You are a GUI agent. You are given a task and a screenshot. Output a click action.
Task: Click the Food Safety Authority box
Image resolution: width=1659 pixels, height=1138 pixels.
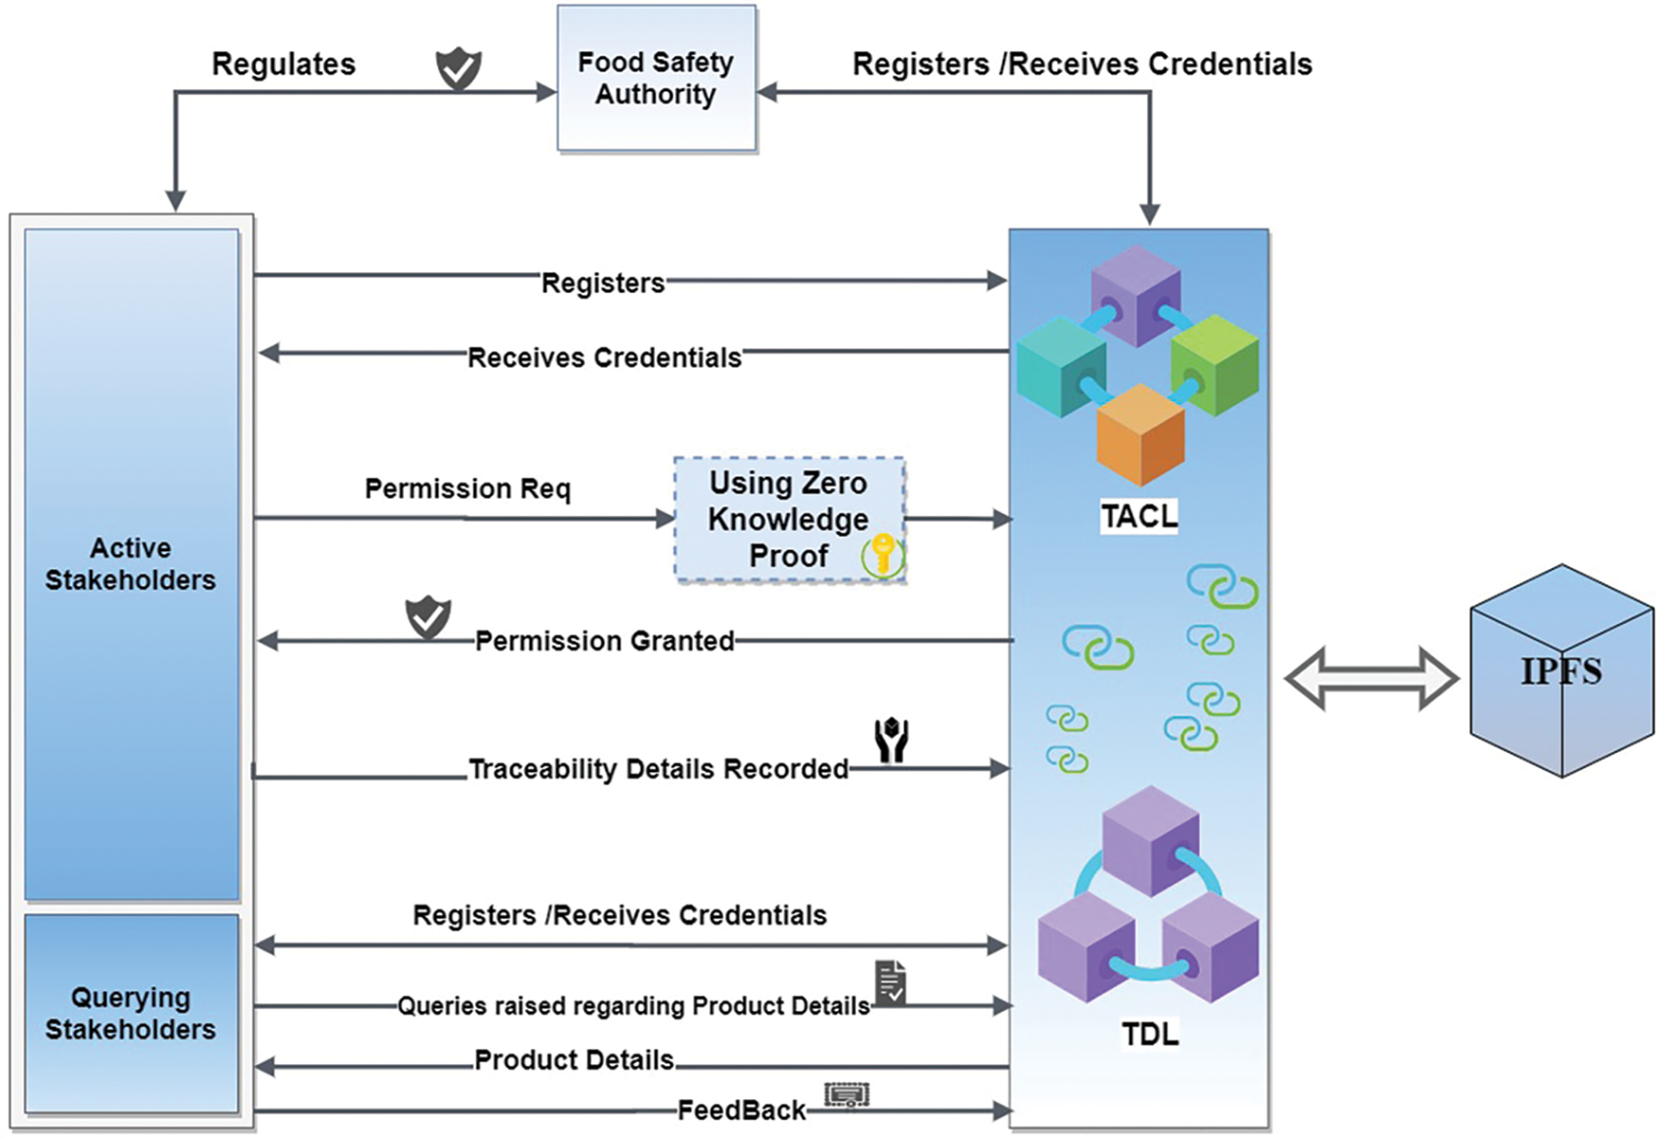click(656, 78)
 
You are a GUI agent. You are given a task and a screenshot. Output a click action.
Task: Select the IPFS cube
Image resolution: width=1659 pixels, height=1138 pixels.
click(1560, 671)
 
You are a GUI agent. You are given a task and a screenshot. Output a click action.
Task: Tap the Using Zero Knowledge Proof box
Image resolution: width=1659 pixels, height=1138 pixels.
click(789, 519)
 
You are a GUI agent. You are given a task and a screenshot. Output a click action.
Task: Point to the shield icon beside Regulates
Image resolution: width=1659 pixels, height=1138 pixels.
click(458, 69)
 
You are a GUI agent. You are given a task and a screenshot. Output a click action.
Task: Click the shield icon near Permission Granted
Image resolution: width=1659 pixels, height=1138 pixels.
click(428, 617)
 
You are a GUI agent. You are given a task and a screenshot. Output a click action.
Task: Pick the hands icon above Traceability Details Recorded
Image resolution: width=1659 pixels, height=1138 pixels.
click(891, 741)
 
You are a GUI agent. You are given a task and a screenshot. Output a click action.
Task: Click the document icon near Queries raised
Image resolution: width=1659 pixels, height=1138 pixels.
click(890, 982)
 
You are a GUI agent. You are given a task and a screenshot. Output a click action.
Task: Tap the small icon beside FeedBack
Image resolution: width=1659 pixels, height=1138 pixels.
click(847, 1095)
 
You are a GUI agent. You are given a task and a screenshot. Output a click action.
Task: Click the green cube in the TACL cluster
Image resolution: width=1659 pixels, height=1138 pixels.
click(1214, 366)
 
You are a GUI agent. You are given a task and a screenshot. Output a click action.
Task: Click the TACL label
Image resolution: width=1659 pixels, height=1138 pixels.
click(1139, 516)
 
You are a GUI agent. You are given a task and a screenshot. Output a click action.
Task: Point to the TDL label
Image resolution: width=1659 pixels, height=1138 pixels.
click(1149, 1033)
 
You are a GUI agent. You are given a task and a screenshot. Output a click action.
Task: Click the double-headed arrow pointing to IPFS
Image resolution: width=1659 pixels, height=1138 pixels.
click(1371, 678)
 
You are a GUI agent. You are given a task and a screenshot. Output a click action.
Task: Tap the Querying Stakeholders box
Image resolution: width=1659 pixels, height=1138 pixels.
click(131, 1013)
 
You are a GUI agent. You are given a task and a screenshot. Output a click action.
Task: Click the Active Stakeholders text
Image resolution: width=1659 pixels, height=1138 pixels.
click(131, 563)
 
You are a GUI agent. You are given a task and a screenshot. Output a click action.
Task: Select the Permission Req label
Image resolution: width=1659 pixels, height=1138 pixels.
click(467, 488)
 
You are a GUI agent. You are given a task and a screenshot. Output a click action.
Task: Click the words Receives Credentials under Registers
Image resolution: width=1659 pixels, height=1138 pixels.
click(604, 358)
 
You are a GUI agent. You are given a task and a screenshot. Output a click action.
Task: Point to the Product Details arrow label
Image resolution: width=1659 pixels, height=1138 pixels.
click(574, 1059)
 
